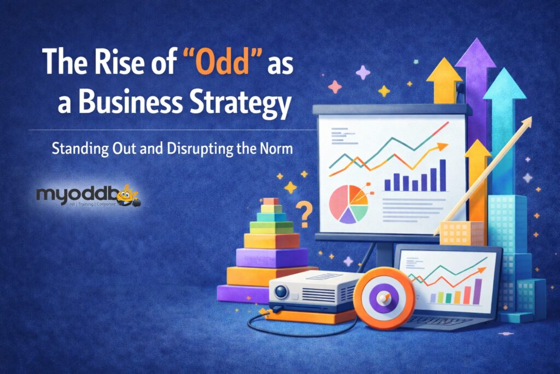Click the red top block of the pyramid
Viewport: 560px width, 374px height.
[x=270, y=202]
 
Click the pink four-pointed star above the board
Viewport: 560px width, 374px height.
[x=363, y=72]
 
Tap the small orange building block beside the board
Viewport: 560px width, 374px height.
[x=461, y=233]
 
